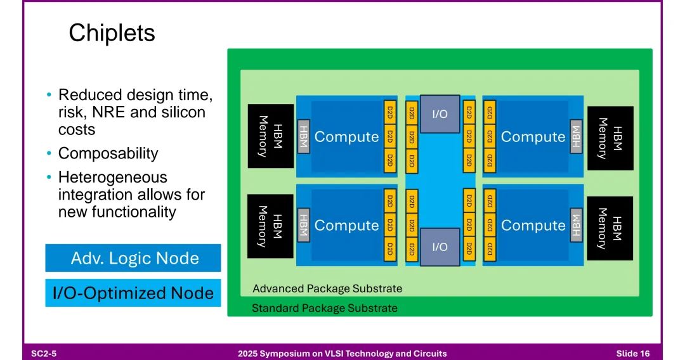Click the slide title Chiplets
tap(112, 33)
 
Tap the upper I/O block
tap(440, 114)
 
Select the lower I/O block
tap(440, 247)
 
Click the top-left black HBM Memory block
tap(271, 136)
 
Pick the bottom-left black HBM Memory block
tap(270, 226)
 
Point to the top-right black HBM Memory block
tap(610, 138)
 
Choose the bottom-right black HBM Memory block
tap(610, 228)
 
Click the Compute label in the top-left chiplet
tap(346, 136)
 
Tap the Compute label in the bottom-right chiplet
tap(533, 225)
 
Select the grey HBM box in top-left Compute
tap(304, 136)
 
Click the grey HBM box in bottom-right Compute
tap(576, 225)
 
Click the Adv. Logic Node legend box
tap(133, 258)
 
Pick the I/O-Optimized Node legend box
tap(133, 293)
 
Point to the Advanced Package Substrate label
tap(327, 289)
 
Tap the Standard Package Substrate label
tap(325, 308)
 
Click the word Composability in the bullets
tap(108, 153)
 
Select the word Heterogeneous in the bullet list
tap(113, 177)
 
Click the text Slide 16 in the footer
tap(633, 354)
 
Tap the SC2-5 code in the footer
tap(44, 354)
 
